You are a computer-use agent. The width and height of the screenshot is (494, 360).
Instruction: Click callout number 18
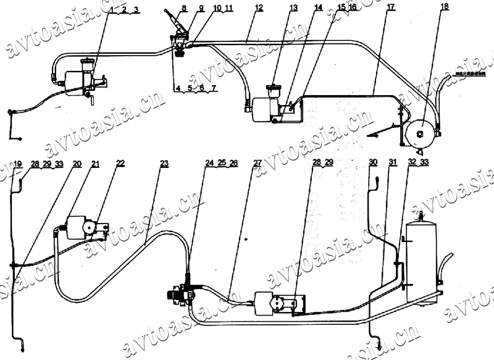tap(445, 7)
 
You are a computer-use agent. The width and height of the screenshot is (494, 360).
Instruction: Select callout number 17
tap(391, 8)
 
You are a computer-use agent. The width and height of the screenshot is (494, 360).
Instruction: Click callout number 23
tap(164, 164)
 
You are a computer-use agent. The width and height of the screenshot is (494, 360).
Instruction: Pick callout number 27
tap(257, 164)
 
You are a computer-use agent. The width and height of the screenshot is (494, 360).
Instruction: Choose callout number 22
tap(120, 164)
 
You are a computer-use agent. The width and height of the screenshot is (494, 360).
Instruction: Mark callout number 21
tap(95, 164)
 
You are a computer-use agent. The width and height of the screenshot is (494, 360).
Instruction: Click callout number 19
tap(18, 164)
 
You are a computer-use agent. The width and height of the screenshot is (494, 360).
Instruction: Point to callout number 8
tap(166, 8)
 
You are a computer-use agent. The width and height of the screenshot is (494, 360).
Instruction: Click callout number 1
tap(111, 9)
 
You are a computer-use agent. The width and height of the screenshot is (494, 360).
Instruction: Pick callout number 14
tap(317, 8)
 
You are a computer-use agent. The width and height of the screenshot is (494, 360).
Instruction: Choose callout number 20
tap(77, 164)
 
